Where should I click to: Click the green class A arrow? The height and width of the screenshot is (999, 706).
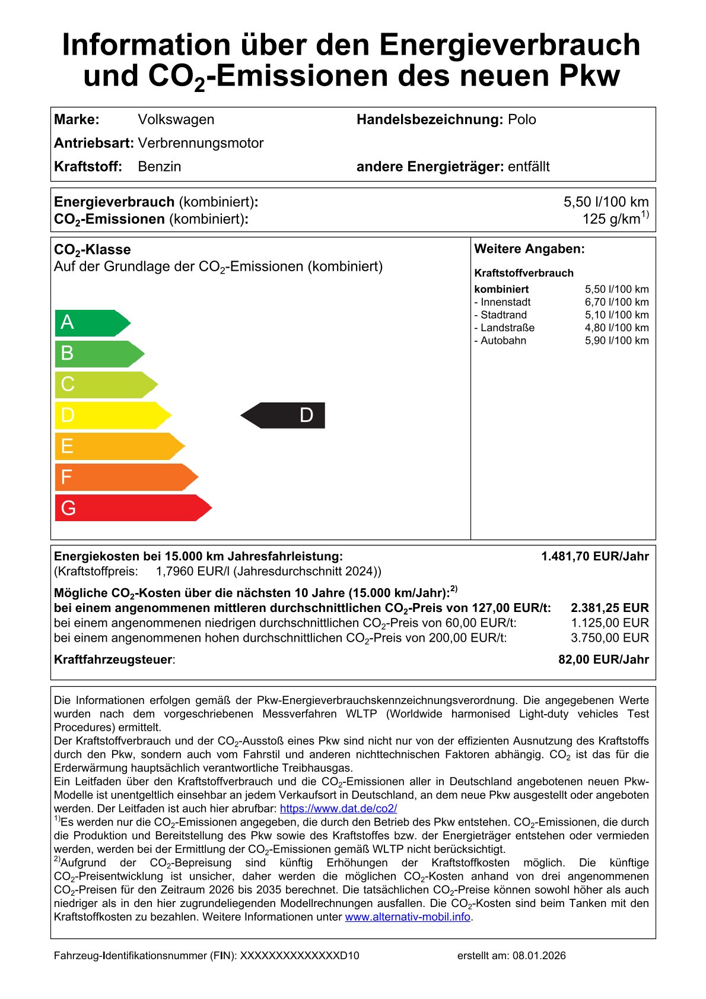pyautogui.click(x=92, y=323)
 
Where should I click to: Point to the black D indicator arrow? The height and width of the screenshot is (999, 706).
pyautogui.click(x=284, y=416)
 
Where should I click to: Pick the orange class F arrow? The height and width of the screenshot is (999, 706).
pyautogui.click(x=125, y=477)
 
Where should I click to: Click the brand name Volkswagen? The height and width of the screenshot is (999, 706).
pyautogui.click(x=176, y=119)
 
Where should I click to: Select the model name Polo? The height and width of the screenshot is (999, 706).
pyautogui.click(x=522, y=119)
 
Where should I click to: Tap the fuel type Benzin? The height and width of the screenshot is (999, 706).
pyautogui.click(x=160, y=167)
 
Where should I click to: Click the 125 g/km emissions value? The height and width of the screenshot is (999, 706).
pyautogui.click(x=615, y=219)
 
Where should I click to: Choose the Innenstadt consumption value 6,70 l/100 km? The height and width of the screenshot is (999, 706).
pyautogui.click(x=616, y=302)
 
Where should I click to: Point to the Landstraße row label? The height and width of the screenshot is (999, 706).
pyautogui.click(x=505, y=328)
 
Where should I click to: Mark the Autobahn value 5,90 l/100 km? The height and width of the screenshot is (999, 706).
pyautogui.click(x=616, y=341)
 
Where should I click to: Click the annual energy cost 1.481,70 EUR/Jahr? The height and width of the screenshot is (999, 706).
pyautogui.click(x=594, y=557)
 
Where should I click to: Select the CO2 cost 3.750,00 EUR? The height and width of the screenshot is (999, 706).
pyautogui.click(x=609, y=638)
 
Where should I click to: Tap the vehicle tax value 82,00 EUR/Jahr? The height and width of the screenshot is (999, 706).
pyautogui.click(x=603, y=659)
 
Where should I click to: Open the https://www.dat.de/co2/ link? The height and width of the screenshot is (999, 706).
pyautogui.click(x=338, y=808)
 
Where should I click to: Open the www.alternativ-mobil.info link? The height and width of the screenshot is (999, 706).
pyautogui.click(x=408, y=917)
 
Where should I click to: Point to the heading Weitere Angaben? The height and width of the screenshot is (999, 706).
pyautogui.click(x=529, y=249)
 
